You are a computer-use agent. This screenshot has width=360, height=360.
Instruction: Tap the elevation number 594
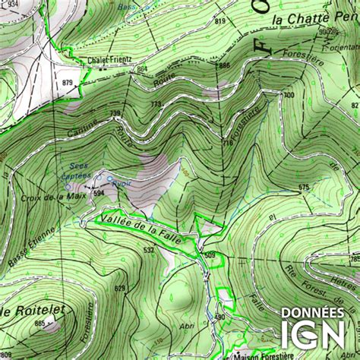tap(99, 194)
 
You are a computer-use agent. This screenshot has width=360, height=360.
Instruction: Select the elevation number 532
tap(149, 250)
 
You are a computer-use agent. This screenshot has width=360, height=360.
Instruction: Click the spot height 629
tap(120, 288)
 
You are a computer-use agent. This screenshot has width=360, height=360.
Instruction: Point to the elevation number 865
tap(39, 324)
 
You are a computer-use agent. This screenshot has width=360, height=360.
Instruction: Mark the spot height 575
tap(304, 186)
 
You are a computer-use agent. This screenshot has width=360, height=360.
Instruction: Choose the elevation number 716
tap(226, 143)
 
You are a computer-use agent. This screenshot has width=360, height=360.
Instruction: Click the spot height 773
tap(156, 104)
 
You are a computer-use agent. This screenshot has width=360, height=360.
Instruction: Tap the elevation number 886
tap(223, 66)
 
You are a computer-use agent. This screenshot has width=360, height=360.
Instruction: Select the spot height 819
tap(220, 21)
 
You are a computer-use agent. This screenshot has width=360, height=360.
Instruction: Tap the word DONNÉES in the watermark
tap(312, 312)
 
